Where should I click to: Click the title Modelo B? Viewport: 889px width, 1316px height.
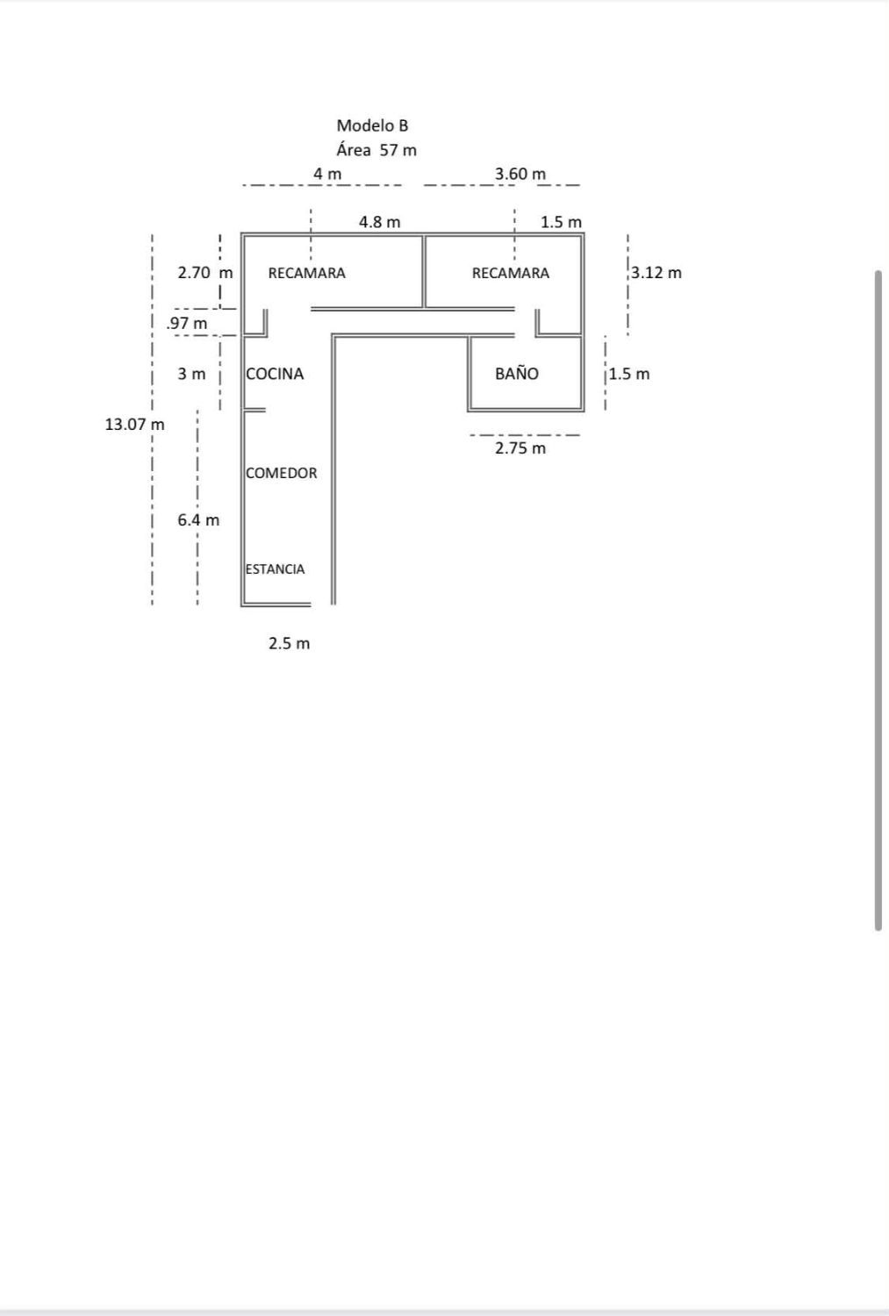(x=372, y=125)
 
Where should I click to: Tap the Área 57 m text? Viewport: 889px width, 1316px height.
(x=376, y=150)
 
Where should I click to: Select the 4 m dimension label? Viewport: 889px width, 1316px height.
(x=327, y=174)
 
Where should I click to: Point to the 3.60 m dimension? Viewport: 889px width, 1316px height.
(x=520, y=174)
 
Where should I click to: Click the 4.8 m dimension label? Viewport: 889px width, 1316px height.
(x=379, y=222)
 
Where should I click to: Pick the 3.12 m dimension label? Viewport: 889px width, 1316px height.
(x=656, y=272)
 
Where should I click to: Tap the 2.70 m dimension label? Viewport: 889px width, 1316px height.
(x=204, y=272)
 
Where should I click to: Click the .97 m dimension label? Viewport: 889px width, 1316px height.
(x=187, y=323)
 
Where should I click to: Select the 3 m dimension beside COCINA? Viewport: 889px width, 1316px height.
(x=191, y=374)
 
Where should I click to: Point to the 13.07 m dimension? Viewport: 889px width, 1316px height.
(x=134, y=424)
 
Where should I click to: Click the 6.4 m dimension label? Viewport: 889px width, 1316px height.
(x=198, y=519)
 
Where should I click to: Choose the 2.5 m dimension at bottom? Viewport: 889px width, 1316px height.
(x=289, y=643)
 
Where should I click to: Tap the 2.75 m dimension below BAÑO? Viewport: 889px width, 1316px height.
(x=520, y=448)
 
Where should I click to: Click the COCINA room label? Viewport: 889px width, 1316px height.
(x=275, y=374)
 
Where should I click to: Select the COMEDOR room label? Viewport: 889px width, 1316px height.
(x=282, y=473)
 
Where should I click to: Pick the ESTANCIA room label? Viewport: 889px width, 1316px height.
(x=276, y=569)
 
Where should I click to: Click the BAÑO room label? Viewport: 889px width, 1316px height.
(x=516, y=374)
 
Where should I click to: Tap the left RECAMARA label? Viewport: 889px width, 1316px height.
(x=306, y=273)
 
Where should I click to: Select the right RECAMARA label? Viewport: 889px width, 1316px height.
(x=510, y=273)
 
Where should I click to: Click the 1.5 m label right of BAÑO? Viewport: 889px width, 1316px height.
(x=629, y=374)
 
